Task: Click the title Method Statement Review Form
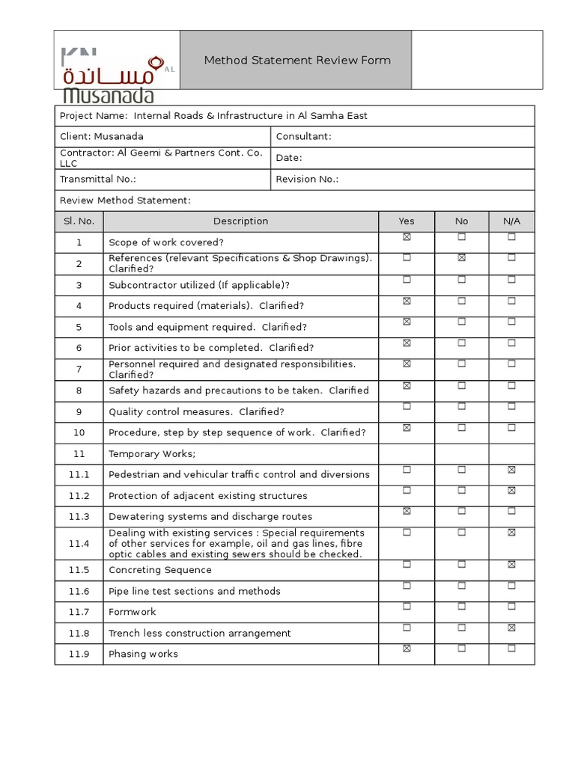point(297,61)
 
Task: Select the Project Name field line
point(213,116)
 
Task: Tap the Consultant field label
point(303,137)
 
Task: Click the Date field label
point(289,158)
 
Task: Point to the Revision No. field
point(307,180)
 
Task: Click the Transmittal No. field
point(98,180)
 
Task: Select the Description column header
point(240,221)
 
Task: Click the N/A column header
point(511,221)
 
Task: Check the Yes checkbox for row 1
point(407,237)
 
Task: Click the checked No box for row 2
point(461,258)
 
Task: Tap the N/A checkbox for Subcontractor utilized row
point(511,279)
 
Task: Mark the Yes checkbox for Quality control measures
point(407,406)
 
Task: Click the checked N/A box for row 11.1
point(511,470)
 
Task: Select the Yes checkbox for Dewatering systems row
point(407,512)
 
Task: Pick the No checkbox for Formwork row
point(461,607)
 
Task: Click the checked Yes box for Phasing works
point(407,649)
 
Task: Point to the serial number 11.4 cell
point(79,544)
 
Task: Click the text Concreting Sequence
point(160,570)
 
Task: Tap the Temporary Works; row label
point(152,454)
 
